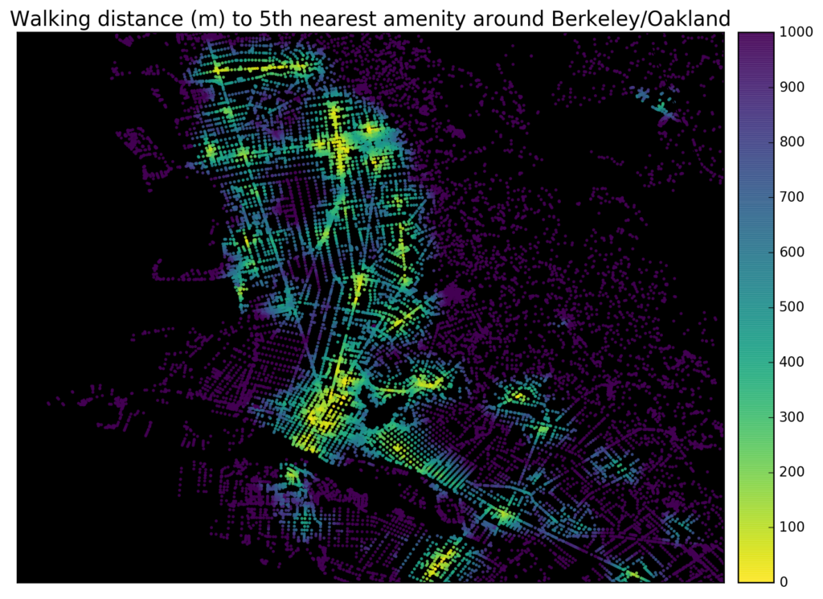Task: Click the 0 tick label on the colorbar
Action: coord(782,581)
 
